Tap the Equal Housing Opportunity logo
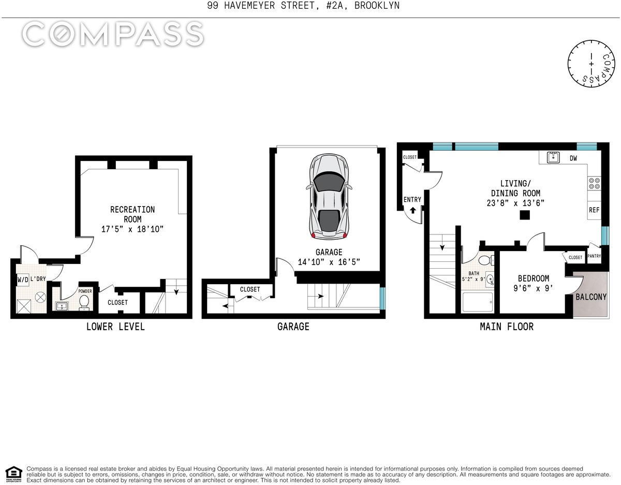pyautogui.click(x=13, y=475)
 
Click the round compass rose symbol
pyautogui.click(x=592, y=64)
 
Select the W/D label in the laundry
pyautogui.click(x=23, y=279)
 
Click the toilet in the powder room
pyautogui.click(x=84, y=302)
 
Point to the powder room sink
pyautogui.click(x=62, y=306)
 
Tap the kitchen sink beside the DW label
pyautogui.click(x=553, y=157)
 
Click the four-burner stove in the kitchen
pyautogui.click(x=594, y=183)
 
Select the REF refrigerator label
pyautogui.click(x=594, y=210)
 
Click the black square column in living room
pyautogui.click(x=525, y=215)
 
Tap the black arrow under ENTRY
pyautogui.click(x=412, y=211)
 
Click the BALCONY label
pyautogui.click(x=591, y=297)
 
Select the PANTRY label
pyautogui.click(x=594, y=256)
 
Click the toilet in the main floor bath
pyautogui.click(x=485, y=260)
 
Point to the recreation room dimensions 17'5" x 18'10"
pyautogui.click(x=132, y=229)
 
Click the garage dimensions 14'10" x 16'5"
pyautogui.click(x=329, y=262)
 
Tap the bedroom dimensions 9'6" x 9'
pyautogui.click(x=533, y=288)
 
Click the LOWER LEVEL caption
pyautogui.click(x=115, y=327)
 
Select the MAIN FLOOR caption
pyautogui.click(x=507, y=327)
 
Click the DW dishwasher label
pyautogui.click(x=573, y=158)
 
